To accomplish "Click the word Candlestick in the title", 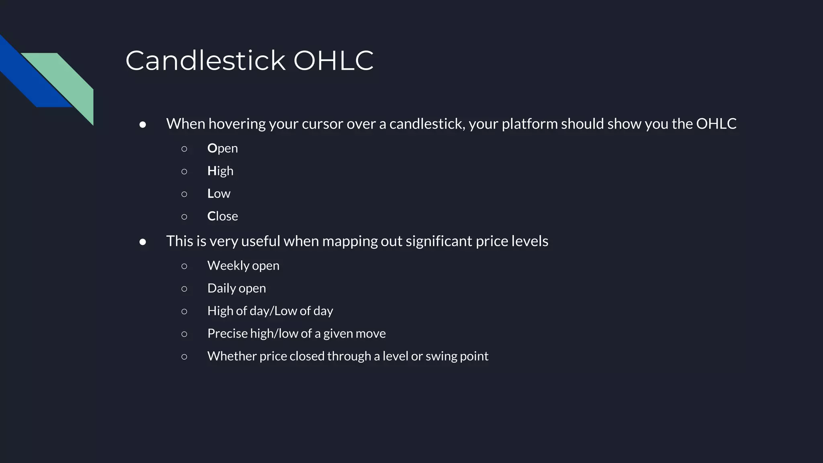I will [205, 61].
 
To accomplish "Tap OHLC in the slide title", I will [333, 61].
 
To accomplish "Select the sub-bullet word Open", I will [223, 148].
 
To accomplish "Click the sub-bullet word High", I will [220, 171].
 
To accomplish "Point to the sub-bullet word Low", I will [219, 194].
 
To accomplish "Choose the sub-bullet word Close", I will [223, 216].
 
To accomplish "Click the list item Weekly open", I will [243, 266].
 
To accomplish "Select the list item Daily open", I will [236, 288].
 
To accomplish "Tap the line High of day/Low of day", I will [270, 311].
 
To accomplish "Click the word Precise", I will [227, 334].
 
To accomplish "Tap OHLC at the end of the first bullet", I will [716, 124].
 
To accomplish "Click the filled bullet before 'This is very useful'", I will [143, 242].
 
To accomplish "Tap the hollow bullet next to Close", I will [184, 217].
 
